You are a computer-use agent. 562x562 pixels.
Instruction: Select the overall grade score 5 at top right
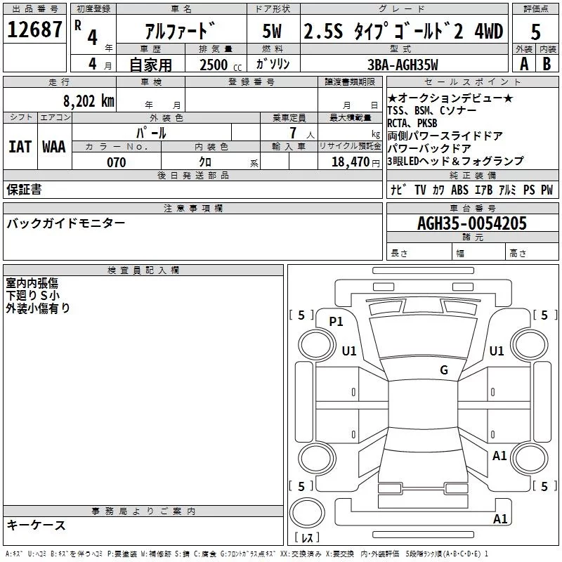(x=535, y=32)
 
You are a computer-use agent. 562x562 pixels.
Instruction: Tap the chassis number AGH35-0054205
(x=472, y=223)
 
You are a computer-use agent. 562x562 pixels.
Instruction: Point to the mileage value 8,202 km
(x=88, y=101)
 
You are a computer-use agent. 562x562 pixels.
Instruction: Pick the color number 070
(x=116, y=162)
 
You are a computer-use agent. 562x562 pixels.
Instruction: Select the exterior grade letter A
(x=523, y=64)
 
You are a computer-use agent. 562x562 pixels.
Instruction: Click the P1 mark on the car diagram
(x=336, y=322)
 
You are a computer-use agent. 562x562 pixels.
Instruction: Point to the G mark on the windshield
(x=444, y=370)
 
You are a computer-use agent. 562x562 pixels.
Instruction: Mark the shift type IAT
(x=19, y=147)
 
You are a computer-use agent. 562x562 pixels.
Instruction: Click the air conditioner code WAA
(x=54, y=147)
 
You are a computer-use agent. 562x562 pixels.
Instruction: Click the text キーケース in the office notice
(x=37, y=525)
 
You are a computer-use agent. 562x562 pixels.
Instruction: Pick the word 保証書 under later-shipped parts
(x=24, y=189)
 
